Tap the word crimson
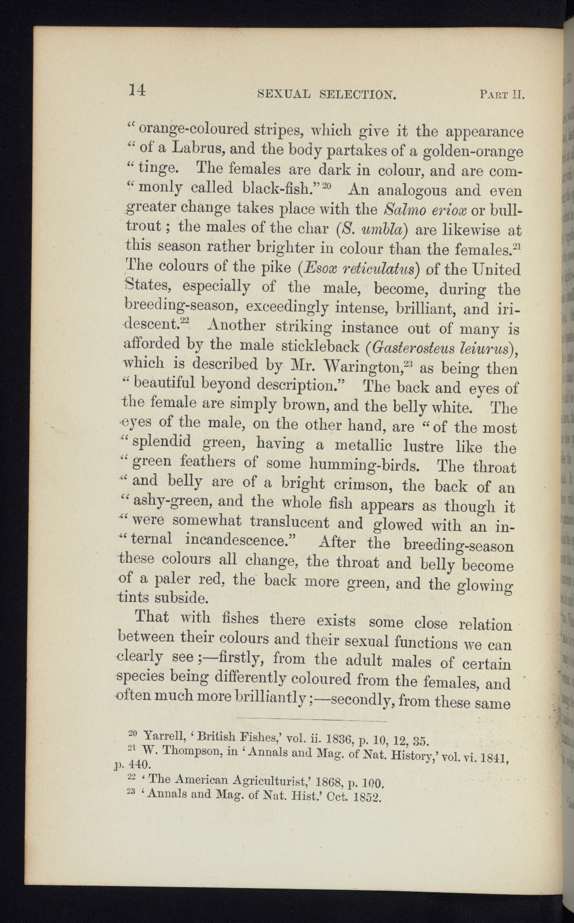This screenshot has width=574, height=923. pyautogui.click(x=359, y=485)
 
